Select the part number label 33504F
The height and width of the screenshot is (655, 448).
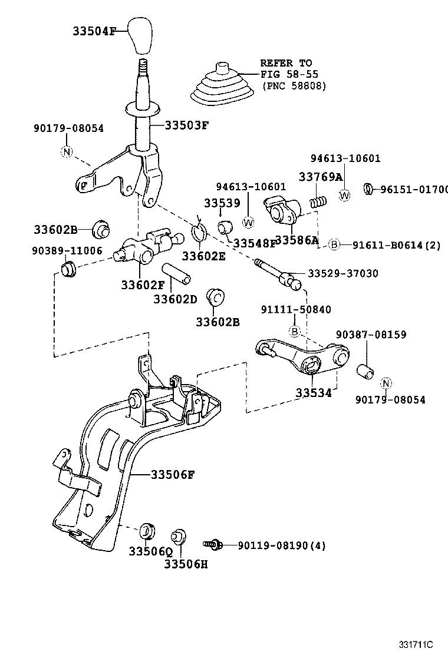[x=98, y=31]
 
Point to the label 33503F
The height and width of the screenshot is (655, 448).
[x=186, y=125]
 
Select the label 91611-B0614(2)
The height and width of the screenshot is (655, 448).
[x=397, y=245]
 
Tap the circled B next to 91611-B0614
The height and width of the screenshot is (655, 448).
[x=334, y=245]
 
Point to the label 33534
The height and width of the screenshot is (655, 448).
[x=314, y=393]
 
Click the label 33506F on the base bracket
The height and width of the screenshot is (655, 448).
[x=172, y=474]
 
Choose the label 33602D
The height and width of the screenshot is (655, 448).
[x=175, y=299]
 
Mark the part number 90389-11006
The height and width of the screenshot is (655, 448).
[x=67, y=250]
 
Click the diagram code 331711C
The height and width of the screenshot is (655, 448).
[x=417, y=644]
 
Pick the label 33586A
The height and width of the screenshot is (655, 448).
[x=297, y=240]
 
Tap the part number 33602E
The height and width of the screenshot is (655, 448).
[x=203, y=256]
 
